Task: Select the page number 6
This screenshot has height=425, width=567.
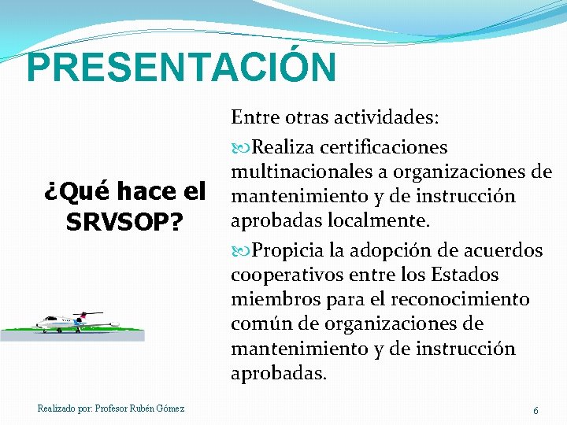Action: coord(535,411)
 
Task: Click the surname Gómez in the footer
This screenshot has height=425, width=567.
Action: coord(170,408)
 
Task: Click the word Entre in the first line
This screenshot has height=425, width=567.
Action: coord(250,117)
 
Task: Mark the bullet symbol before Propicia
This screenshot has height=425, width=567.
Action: coord(240,250)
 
